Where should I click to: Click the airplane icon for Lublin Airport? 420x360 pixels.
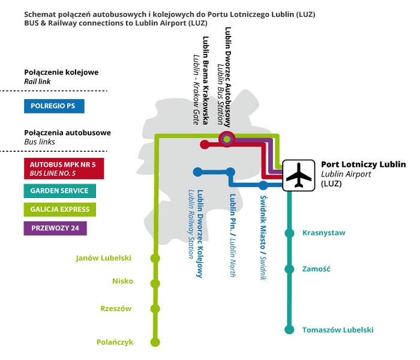[298, 175]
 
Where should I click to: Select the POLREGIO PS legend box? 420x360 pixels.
[54, 106]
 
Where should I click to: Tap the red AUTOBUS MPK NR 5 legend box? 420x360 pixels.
[64, 169]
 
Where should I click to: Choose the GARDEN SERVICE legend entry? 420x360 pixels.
[59, 191]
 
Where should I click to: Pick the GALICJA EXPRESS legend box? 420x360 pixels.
[59, 209]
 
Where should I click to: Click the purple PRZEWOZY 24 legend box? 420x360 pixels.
[55, 229]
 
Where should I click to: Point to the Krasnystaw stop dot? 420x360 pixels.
[289, 233]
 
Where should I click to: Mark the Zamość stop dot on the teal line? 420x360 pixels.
[289, 269]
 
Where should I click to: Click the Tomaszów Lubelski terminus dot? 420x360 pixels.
[289, 329]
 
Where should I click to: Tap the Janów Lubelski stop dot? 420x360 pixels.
[155, 259]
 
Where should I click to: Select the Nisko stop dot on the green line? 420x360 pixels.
[155, 283]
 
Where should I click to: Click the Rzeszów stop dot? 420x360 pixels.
[155, 309]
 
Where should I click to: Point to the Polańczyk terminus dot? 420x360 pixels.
[155, 342]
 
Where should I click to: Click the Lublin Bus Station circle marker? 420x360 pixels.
[227, 139]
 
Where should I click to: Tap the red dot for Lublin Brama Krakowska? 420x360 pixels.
[205, 145]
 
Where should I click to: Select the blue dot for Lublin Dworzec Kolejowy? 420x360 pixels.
[197, 172]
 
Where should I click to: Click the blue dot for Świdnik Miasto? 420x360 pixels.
[263, 185]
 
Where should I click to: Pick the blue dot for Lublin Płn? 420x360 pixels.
[230, 172]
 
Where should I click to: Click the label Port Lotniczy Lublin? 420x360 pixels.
[363, 164]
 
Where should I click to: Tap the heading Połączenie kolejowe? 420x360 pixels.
[61, 73]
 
